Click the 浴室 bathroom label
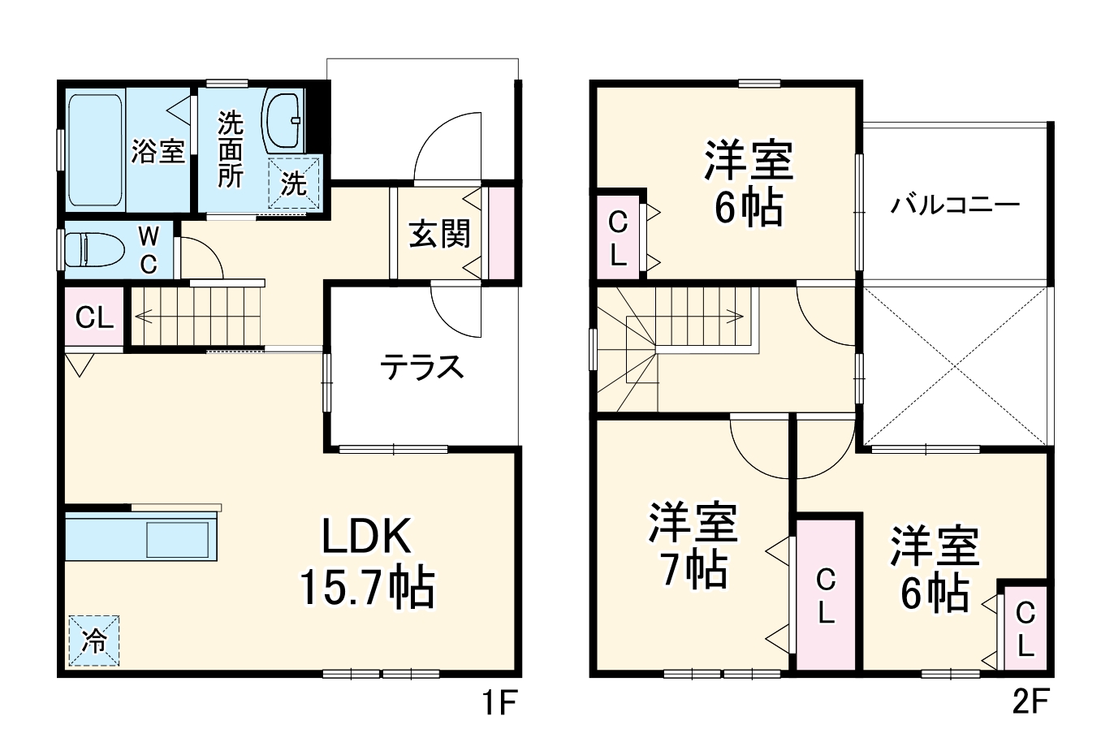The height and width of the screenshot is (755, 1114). pyautogui.click(x=158, y=150)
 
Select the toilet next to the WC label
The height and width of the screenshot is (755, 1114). pyautogui.click(x=93, y=250)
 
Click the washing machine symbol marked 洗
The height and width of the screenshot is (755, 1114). pyautogui.click(x=294, y=183)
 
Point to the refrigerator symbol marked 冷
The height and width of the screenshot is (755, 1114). pyautogui.click(x=93, y=641)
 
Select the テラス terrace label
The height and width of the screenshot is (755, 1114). pyautogui.click(x=422, y=368)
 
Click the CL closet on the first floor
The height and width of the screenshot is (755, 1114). pyautogui.click(x=94, y=317)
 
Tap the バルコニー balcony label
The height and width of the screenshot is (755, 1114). pyautogui.click(x=955, y=204)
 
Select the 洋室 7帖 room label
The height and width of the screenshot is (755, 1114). pyautogui.click(x=693, y=545)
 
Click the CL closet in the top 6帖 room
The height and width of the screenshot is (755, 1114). pyautogui.click(x=618, y=238)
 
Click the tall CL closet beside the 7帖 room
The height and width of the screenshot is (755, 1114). pyautogui.click(x=826, y=595)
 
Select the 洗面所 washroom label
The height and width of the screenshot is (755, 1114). pyautogui.click(x=230, y=150)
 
